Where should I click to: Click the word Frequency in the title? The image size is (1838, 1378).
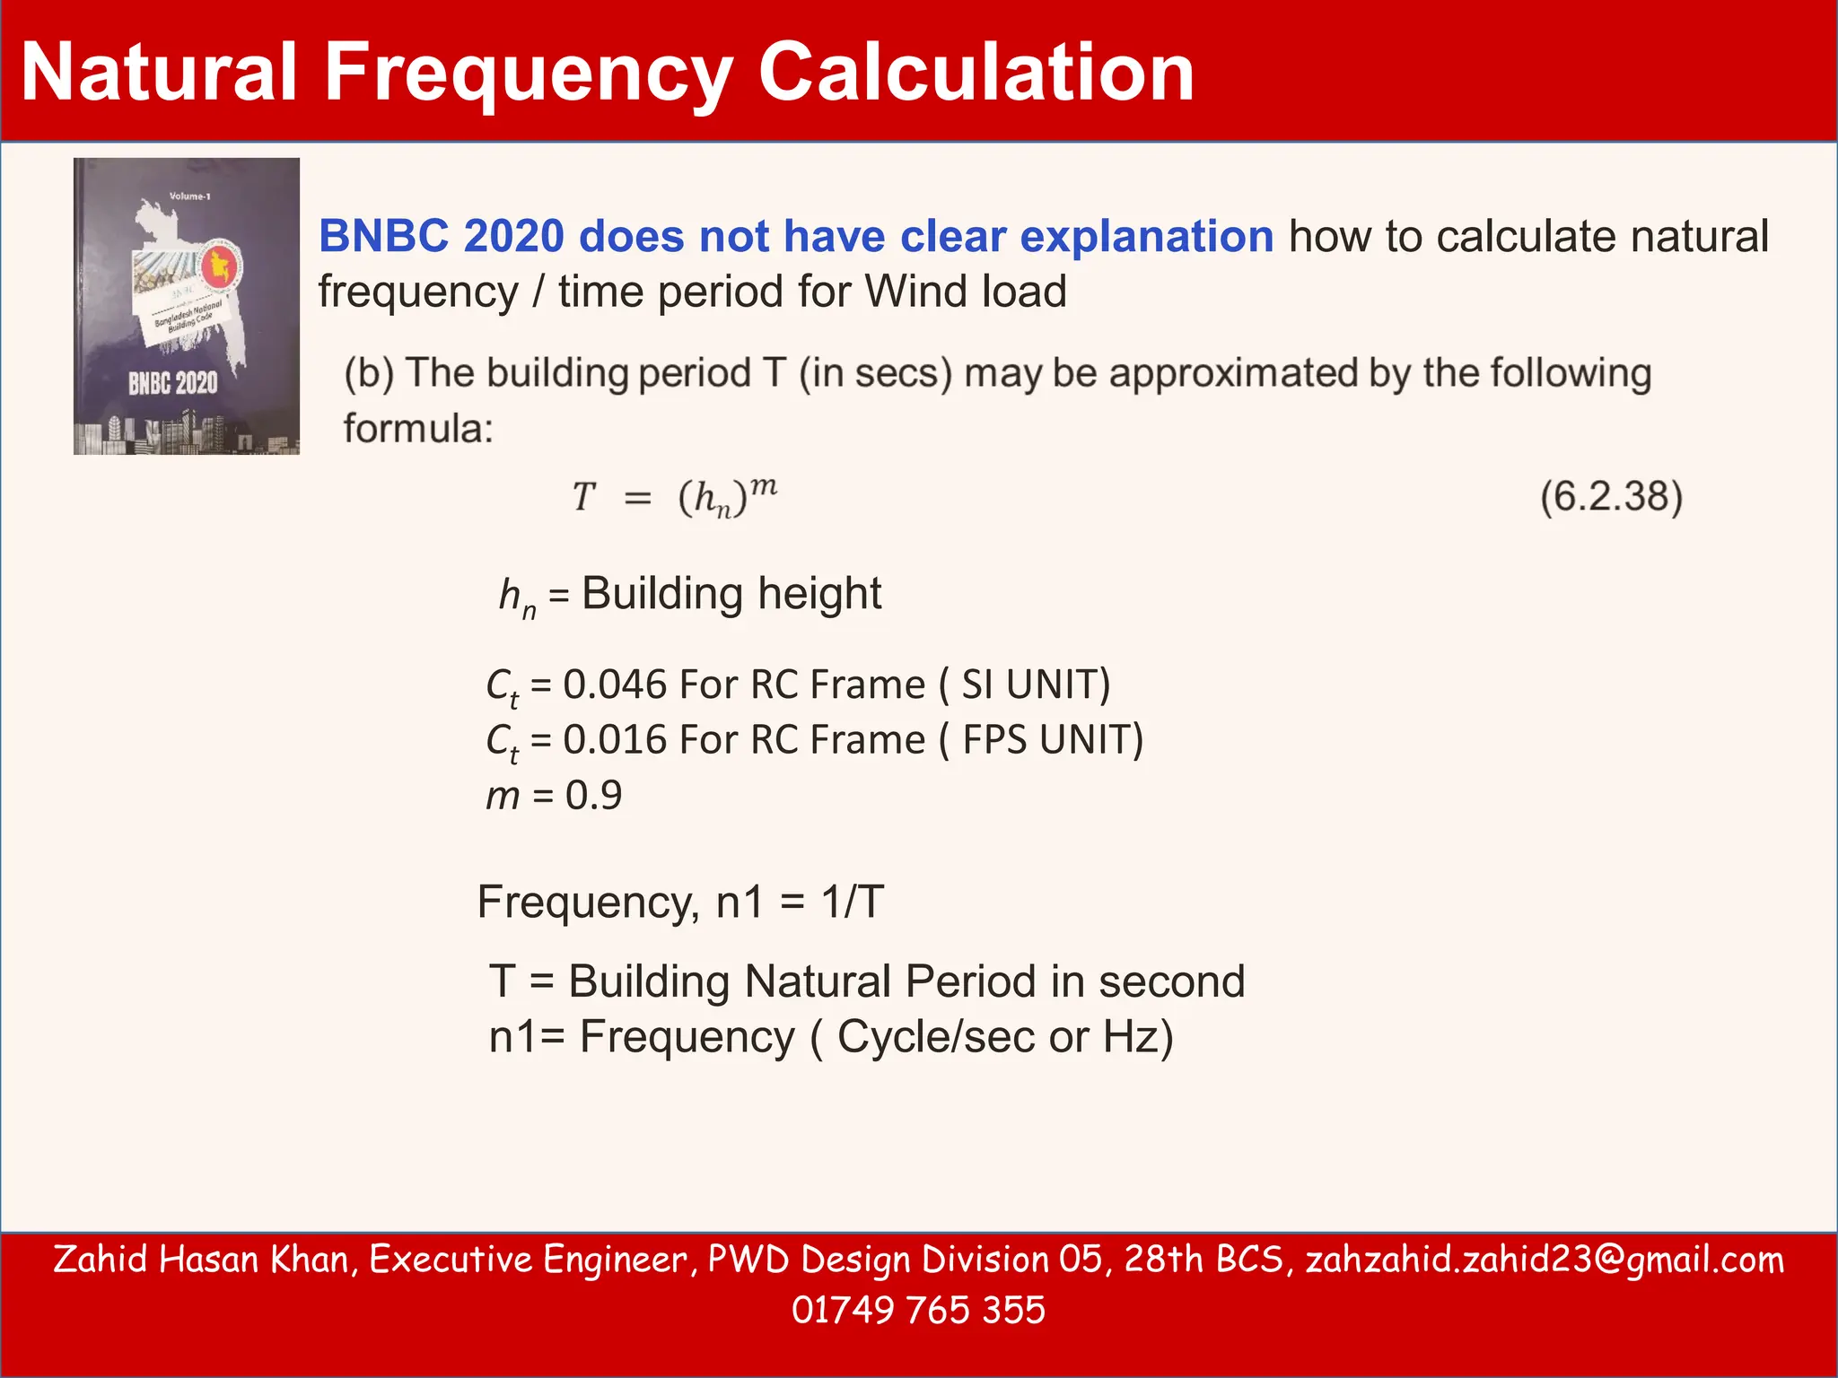click(528, 74)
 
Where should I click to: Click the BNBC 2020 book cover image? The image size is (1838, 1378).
click(187, 306)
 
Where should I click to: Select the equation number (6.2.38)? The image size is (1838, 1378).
click(1611, 497)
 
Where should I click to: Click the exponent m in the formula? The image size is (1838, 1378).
click(764, 487)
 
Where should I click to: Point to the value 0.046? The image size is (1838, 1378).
click(615, 685)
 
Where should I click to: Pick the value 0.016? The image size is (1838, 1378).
click(615, 740)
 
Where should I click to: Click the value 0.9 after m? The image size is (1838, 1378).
click(593, 796)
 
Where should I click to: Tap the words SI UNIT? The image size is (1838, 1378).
click(1028, 685)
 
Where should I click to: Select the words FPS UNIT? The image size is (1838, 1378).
click(1046, 740)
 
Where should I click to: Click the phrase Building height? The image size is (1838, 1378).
click(731, 594)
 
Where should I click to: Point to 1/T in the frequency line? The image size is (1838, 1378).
click(853, 902)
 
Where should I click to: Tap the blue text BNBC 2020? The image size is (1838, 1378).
click(442, 237)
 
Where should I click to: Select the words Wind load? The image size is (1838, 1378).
click(965, 292)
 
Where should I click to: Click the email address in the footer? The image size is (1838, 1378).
click(1545, 1260)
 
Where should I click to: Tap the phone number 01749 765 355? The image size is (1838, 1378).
click(918, 1310)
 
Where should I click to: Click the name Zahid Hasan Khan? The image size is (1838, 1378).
click(200, 1260)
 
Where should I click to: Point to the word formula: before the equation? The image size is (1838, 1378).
click(418, 429)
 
